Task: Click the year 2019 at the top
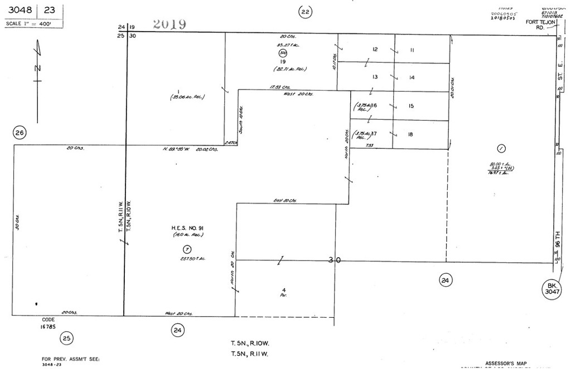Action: [x=170, y=24]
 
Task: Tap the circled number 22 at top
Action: [x=304, y=12]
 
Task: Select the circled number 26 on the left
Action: [x=20, y=133]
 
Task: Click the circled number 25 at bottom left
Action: [x=67, y=337]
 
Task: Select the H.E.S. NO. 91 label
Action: [x=187, y=228]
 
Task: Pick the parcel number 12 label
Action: [x=375, y=50]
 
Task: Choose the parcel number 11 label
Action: [x=412, y=50]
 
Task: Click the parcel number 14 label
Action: [x=412, y=77]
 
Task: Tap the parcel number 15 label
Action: [x=411, y=106]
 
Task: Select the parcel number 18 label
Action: [x=410, y=134]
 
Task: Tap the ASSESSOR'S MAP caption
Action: [x=505, y=363]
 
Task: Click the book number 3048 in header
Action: [x=19, y=9]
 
